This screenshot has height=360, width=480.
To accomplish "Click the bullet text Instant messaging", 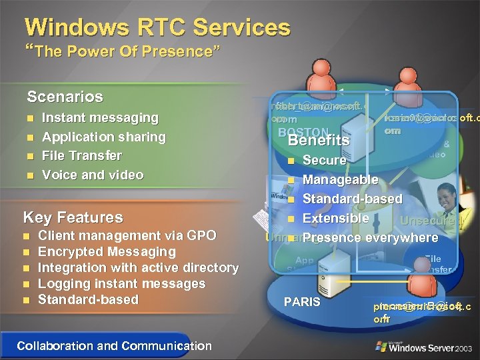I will click(100, 118).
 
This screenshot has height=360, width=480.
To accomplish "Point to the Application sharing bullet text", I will click(103, 137).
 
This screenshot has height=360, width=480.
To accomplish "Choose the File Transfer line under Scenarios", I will click(82, 155).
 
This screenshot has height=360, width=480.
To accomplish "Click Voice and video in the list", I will click(93, 175).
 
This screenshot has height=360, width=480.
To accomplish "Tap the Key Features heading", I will click(73, 217).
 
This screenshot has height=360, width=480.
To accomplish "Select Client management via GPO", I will click(127, 235).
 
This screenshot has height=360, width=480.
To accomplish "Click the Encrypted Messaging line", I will click(107, 251).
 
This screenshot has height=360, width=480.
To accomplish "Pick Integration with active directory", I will click(138, 267).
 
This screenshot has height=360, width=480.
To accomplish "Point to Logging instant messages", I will click(122, 283).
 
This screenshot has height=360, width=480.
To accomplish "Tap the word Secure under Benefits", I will click(324, 160).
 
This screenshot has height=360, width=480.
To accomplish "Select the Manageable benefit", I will click(340, 179).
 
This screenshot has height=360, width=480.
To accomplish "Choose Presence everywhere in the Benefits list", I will click(370, 237).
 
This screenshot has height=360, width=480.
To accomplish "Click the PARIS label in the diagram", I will click(302, 302).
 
